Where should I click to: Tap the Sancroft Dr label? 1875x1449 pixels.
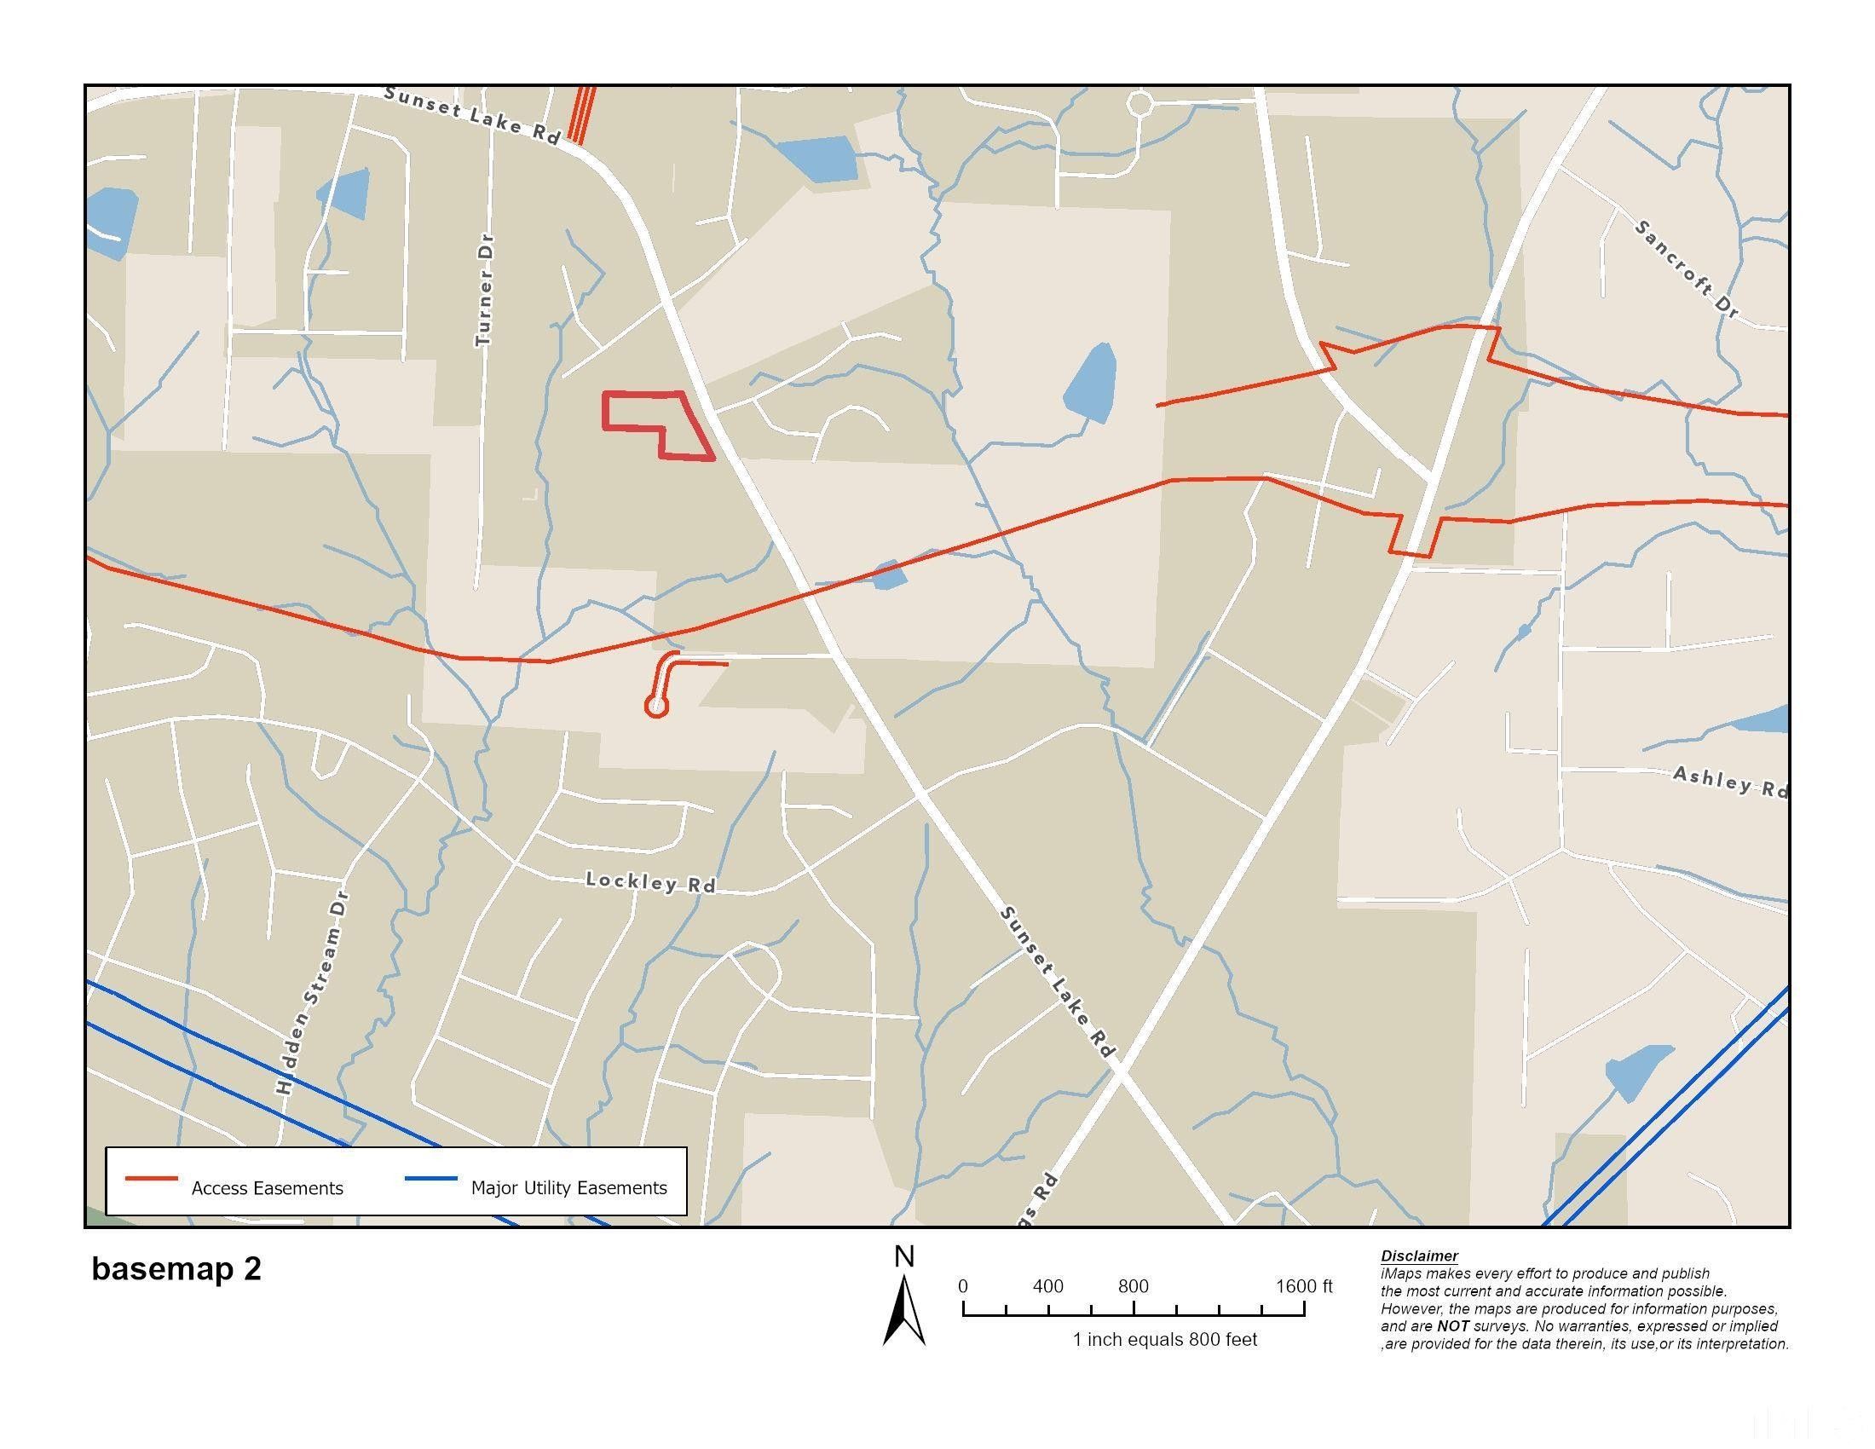point(1686,268)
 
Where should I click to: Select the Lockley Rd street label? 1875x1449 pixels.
point(650,881)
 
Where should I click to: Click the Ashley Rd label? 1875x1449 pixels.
point(1729,782)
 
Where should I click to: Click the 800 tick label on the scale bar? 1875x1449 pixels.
point(1134,1286)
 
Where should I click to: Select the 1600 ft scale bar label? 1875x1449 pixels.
point(1303,1286)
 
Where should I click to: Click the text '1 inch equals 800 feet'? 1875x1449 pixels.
point(1164,1339)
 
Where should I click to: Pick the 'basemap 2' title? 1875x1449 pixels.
point(176,1269)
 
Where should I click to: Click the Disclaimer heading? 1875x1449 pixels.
point(1419,1256)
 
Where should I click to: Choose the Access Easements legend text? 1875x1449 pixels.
point(267,1188)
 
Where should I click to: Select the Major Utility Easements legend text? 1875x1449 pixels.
point(568,1188)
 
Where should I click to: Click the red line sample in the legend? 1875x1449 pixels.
point(151,1179)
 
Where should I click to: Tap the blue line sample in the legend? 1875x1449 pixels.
point(430,1179)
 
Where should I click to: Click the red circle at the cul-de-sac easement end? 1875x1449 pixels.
point(657,707)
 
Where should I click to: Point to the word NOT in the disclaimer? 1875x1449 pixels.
point(1452,1326)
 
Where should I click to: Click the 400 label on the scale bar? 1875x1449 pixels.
point(1047,1286)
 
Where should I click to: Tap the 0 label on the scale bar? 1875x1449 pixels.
point(963,1286)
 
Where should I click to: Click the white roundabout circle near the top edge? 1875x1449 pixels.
point(1139,104)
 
